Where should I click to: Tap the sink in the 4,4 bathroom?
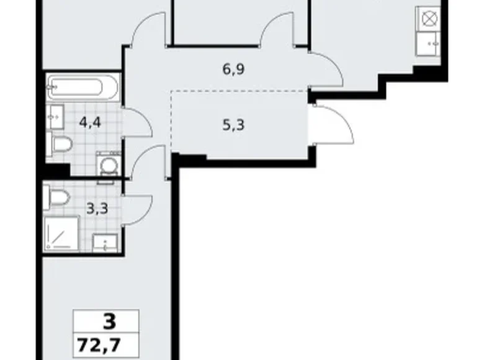(x=54, y=115)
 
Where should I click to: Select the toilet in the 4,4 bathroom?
(x=61, y=145)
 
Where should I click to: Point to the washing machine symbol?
(x=110, y=166)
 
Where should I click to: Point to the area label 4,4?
(x=90, y=121)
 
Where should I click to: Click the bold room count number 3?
(x=109, y=322)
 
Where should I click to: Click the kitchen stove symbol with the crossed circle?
(x=429, y=19)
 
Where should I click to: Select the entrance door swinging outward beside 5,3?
(x=333, y=124)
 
